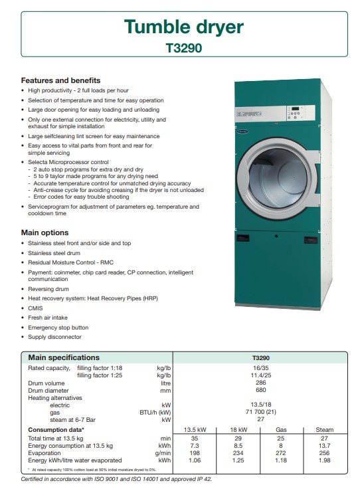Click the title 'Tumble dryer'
183,27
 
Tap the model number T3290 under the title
183,48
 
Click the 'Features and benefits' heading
61,80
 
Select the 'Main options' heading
45,233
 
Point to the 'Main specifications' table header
64,357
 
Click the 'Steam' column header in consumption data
324,430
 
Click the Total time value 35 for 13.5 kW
195,438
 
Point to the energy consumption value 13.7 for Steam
324,446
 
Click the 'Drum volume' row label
46,383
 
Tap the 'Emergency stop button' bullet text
58,328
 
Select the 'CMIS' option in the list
35,308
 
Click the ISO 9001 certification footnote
116,478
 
